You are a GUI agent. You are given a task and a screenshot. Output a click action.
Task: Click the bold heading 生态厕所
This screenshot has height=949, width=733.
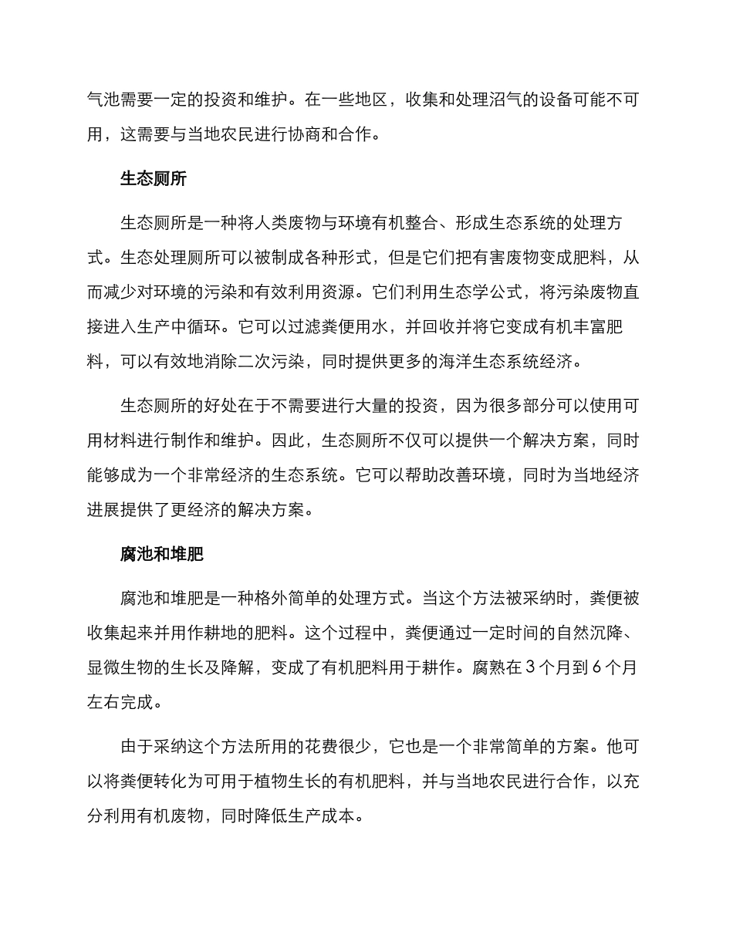pyautogui.click(x=153, y=180)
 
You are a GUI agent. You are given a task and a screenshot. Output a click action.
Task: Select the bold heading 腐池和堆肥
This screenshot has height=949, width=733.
pyautogui.click(x=161, y=555)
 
